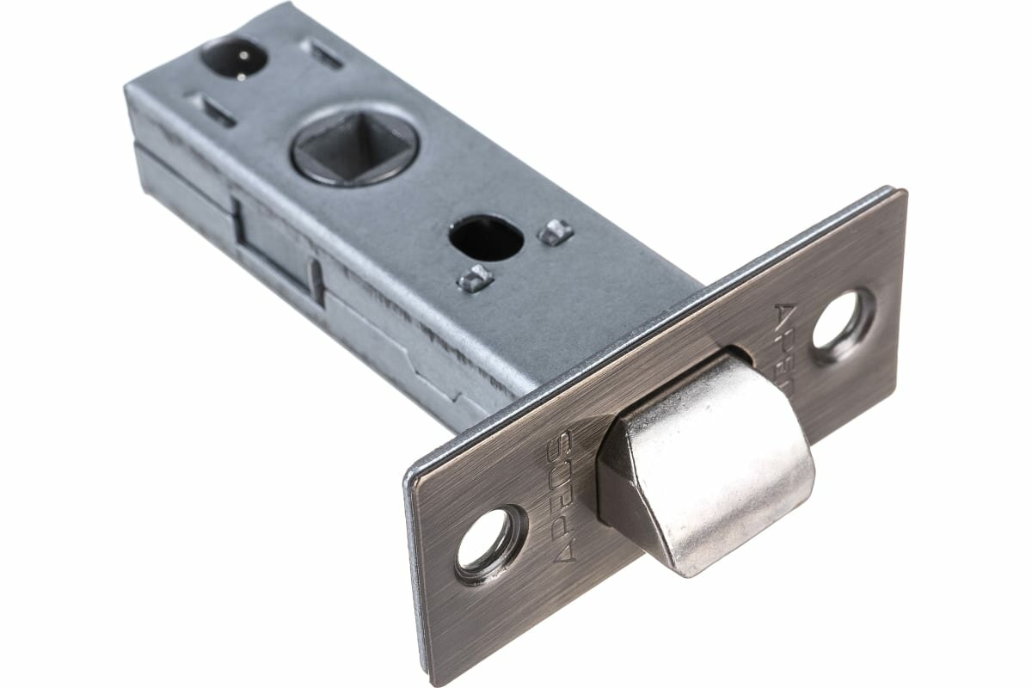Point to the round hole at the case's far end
(233, 58)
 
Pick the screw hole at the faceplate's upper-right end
(843, 325)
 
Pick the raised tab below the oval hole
(475, 277)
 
